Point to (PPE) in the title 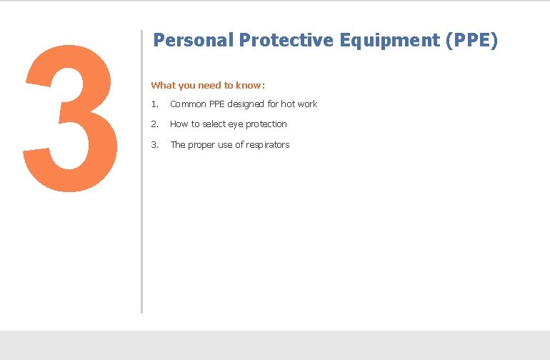pos(471,41)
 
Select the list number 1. pos(154,104)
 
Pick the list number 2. pos(154,124)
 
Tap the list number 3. pos(154,145)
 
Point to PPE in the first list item pos(216,104)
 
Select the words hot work pos(299,104)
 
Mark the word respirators pos(266,145)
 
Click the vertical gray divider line pos(141,171)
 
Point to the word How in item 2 pos(179,124)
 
